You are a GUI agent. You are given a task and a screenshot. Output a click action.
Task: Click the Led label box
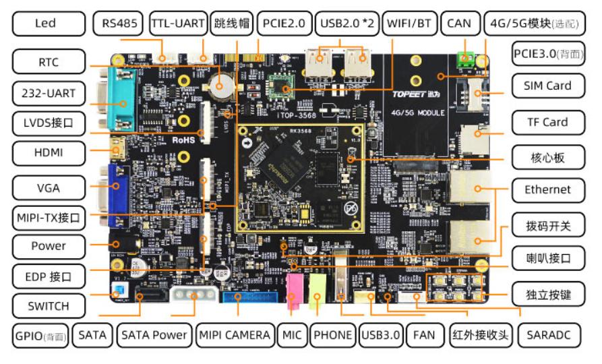(44, 24)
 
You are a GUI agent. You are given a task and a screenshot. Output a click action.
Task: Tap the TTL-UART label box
(177, 24)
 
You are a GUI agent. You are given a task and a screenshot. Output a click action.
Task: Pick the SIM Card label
(547, 86)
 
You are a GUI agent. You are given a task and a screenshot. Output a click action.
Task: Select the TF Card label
(547, 122)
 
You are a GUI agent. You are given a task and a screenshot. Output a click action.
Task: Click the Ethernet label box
(547, 189)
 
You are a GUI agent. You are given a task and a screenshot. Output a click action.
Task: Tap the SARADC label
(552, 334)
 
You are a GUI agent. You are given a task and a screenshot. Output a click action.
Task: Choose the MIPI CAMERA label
(235, 334)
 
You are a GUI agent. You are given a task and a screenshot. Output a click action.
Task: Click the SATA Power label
(154, 334)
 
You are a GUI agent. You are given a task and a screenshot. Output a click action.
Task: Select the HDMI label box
(48, 153)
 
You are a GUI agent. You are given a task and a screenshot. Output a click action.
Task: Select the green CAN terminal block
(464, 60)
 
